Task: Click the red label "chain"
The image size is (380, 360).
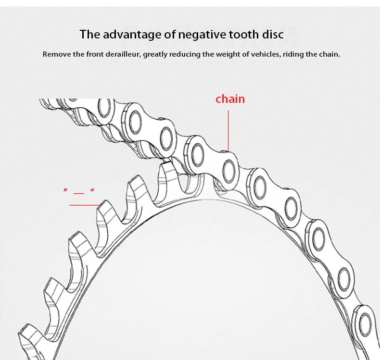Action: coord(230,99)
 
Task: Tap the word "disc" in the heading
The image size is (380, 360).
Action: coord(272,35)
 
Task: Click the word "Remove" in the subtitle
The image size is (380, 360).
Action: coord(56,54)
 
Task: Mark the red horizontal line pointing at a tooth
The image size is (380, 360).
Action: coord(84,205)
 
